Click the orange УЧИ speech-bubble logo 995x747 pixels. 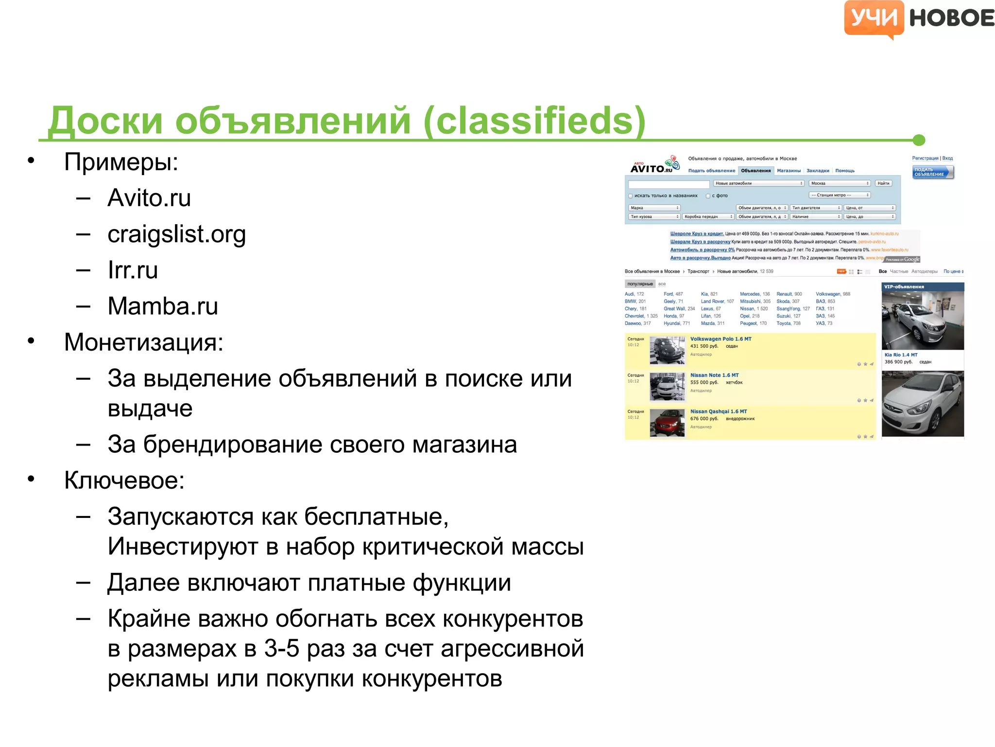point(874,18)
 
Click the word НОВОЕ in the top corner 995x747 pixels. point(951,18)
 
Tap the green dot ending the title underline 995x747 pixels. point(918,140)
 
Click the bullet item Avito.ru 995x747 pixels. point(149,198)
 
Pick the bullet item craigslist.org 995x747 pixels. point(176,234)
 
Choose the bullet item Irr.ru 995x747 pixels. point(133,270)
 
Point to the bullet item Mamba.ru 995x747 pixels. point(163,306)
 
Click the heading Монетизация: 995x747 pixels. point(144,342)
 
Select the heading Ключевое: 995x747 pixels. point(124,480)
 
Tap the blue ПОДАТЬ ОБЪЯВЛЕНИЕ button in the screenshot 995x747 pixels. point(932,172)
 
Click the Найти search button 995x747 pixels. point(883,183)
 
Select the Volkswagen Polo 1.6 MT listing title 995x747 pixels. point(721,339)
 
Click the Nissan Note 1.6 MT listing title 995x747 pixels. point(714,375)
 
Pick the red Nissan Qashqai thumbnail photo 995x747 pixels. point(667,423)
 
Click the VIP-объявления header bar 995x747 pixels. point(922,287)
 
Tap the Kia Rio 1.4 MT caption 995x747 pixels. point(901,355)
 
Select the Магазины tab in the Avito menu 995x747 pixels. point(789,171)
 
